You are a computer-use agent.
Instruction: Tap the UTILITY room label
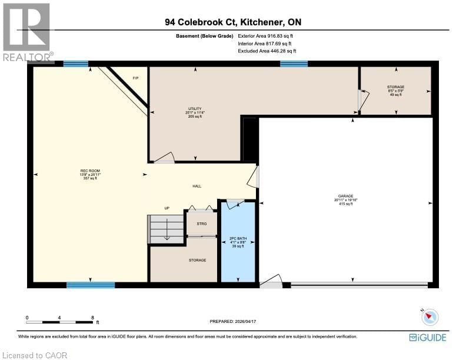195,109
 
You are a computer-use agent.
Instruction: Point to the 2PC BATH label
237,239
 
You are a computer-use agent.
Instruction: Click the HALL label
197,186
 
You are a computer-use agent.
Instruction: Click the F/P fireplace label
135,78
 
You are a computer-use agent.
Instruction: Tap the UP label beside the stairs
167,208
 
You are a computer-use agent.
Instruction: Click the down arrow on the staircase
167,232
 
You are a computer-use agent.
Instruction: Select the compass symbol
431,317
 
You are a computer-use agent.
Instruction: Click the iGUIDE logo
427,338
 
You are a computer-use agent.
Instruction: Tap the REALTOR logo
27,32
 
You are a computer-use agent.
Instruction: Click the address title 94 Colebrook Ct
233,22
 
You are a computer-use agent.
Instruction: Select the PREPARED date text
233,321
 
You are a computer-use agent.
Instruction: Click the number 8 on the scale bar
92,318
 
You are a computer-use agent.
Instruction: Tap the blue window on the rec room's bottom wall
82,285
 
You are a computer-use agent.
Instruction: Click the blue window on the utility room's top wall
294,64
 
